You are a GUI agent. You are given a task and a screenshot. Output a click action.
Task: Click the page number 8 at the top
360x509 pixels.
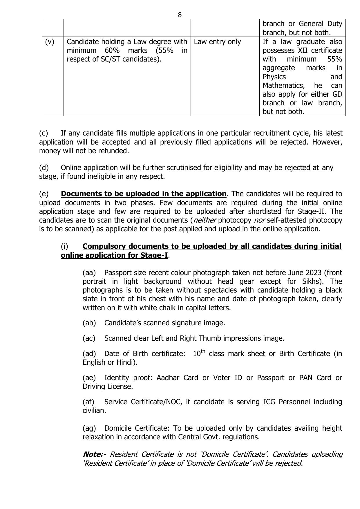point(180,15)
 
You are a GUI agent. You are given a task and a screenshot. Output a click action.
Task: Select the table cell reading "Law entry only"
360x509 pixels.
point(217,42)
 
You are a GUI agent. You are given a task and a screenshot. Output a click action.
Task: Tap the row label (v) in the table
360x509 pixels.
point(50,42)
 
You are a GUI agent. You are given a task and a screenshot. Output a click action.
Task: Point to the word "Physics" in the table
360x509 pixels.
point(274,77)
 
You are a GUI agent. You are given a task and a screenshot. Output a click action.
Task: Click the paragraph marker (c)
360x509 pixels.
point(44,133)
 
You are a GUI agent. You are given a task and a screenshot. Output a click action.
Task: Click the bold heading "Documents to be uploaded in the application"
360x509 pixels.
point(144,194)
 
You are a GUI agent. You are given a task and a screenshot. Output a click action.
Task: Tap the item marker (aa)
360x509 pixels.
point(89,273)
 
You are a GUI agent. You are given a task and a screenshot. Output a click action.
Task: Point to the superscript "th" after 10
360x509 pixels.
point(203,351)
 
